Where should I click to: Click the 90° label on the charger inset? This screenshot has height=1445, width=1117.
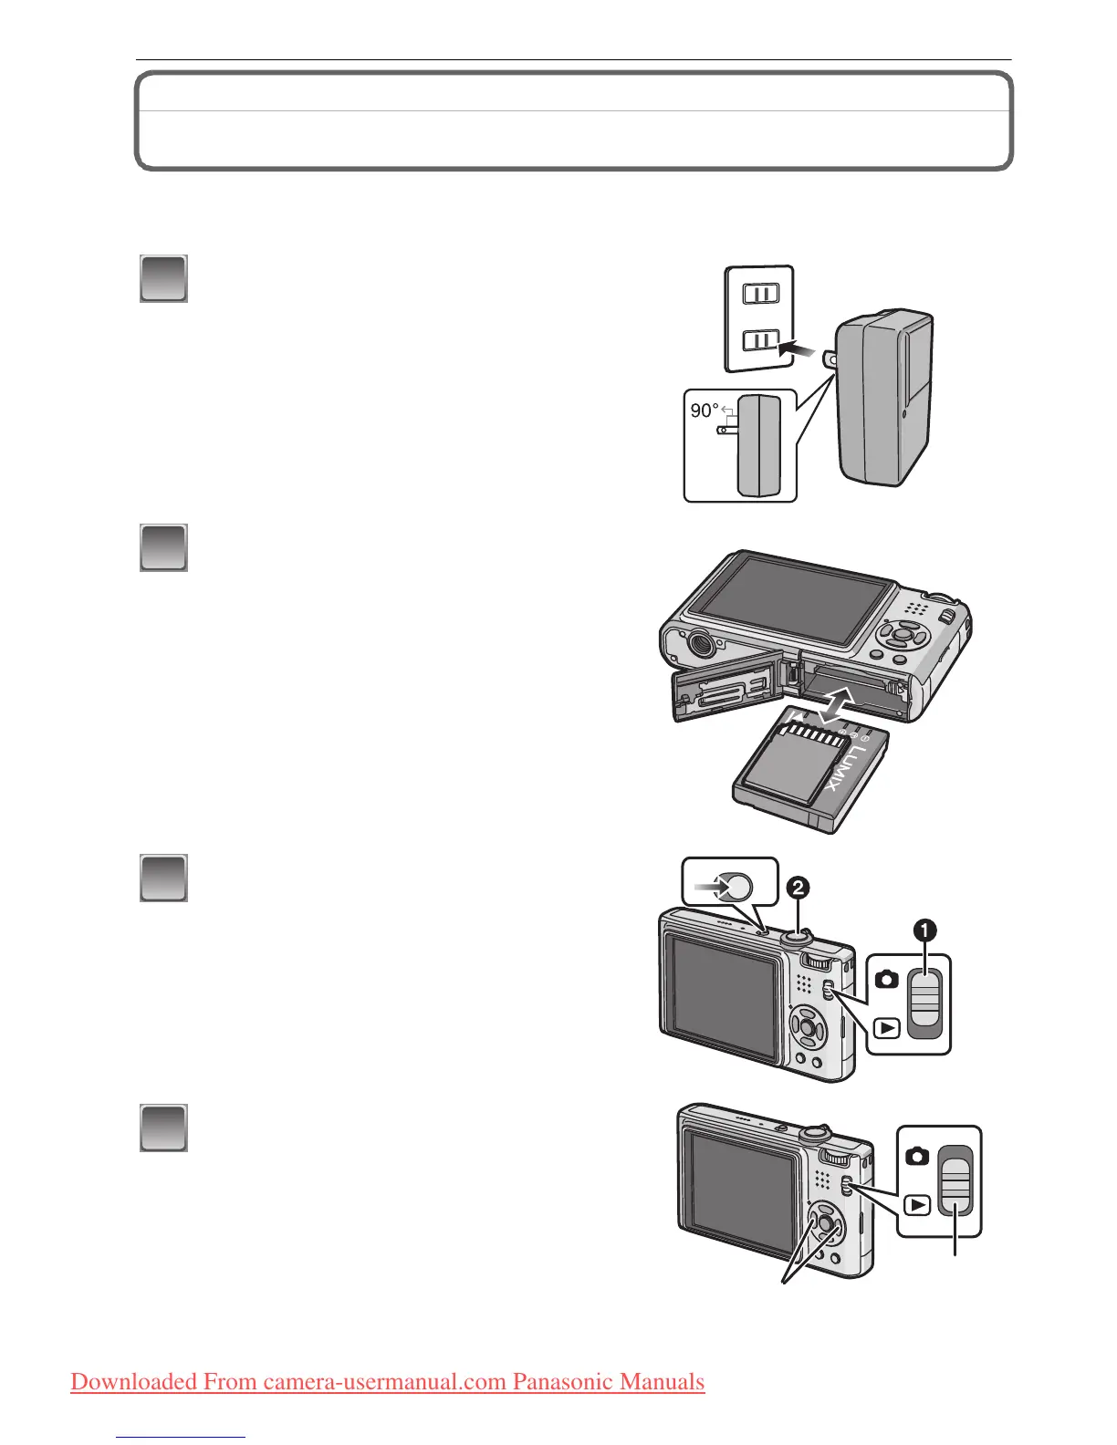[704, 411]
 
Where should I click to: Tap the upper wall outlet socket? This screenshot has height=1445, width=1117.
[760, 294]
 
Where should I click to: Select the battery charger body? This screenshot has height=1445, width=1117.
[883, 397]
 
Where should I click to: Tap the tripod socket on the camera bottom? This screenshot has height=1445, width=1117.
[699, 642]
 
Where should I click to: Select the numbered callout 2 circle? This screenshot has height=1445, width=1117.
[799, 887]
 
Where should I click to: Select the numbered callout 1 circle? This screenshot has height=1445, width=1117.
[924, 930]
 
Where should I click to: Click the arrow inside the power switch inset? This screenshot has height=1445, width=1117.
[711, 884]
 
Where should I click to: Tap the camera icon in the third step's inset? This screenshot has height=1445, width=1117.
[886, 980]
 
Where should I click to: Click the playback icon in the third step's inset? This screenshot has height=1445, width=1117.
[886, 1029]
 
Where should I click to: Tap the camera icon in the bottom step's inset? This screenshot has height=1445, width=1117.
[917, 1156]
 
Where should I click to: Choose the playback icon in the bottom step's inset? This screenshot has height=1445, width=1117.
[917, 1205]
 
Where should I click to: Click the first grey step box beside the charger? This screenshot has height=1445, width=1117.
[163, 278]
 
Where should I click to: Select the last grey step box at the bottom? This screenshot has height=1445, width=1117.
[163, 1128]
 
